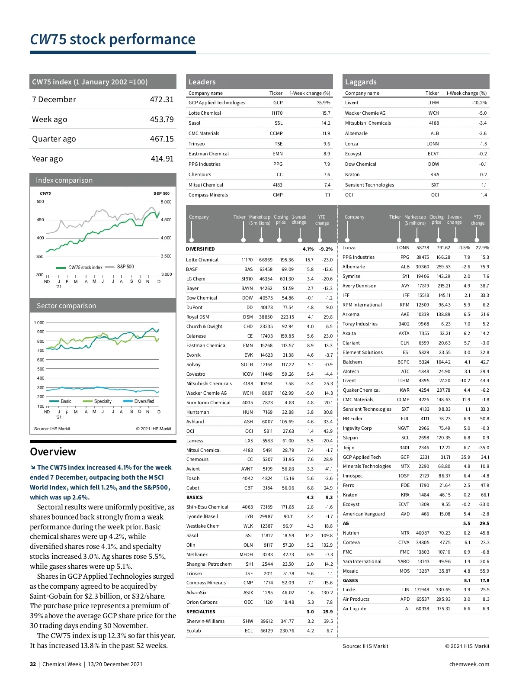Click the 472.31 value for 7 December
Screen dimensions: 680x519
pos(161,100)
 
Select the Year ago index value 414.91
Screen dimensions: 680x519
pos(162,159)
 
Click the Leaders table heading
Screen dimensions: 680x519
pos(202,82)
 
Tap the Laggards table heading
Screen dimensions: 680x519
pos(361,82)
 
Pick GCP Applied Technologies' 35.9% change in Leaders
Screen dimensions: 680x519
pos(324,103)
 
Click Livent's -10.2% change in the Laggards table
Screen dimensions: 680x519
pos(479,103)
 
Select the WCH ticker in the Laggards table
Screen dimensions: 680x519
pos(433,113)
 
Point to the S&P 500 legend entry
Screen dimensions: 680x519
pos(125,267)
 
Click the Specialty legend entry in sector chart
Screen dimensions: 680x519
pos(103,401)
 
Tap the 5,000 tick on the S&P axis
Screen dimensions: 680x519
pos(166,202)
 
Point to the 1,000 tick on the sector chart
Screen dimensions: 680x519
pos(39,322)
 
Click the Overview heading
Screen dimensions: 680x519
pos(53,451)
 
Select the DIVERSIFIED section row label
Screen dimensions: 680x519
pos(200,249)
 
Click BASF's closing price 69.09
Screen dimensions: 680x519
pos(288,269)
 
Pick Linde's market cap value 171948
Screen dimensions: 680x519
pos(422,590)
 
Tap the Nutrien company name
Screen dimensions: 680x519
pos(351,533)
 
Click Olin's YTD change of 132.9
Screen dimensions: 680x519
pos(327,545)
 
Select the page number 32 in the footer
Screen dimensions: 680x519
pos(33,664)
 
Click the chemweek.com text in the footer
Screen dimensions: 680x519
pos(469,664)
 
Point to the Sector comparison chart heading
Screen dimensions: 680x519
pos(66,306)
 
